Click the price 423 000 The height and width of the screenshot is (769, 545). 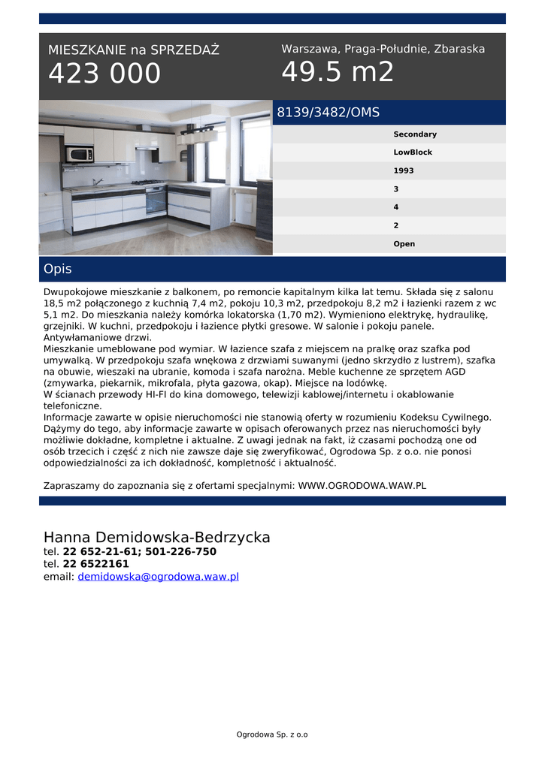104,74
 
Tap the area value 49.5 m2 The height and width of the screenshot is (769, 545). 338,72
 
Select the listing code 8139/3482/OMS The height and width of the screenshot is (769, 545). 329,113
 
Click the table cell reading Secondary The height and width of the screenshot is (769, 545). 415,134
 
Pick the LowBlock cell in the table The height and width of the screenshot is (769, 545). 413,152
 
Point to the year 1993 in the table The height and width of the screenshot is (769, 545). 403,170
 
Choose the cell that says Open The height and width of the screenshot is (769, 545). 404,244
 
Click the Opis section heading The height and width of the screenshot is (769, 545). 58,269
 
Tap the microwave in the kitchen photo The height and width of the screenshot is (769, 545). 79,155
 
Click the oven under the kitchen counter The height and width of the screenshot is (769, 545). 156,201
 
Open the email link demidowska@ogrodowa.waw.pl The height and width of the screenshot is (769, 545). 158,577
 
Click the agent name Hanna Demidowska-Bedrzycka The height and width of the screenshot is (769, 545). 156,538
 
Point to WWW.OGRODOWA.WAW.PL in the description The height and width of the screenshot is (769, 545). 362,485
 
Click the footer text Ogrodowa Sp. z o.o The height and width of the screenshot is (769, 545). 272,734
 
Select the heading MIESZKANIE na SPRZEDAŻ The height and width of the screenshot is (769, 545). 134,50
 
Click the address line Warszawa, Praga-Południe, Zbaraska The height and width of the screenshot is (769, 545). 383,49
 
